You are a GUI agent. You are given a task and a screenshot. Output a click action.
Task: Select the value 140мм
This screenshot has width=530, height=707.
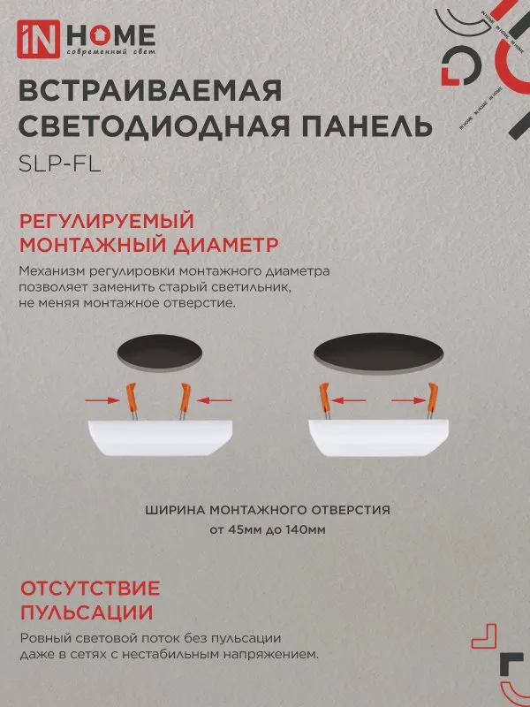point(306,530)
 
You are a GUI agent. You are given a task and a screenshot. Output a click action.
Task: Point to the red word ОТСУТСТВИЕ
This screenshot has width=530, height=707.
point(89,589)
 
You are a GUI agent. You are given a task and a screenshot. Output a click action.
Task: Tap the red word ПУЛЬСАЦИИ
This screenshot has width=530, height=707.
point(85,612)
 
